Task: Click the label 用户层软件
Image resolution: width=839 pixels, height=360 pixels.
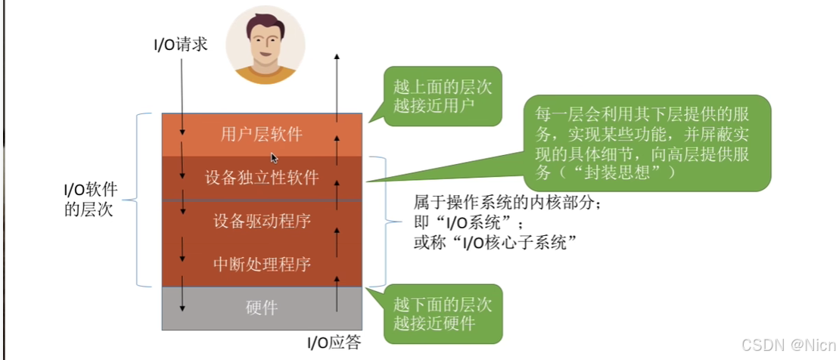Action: [261, 135]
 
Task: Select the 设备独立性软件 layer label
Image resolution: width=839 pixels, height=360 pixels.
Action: [262, 178]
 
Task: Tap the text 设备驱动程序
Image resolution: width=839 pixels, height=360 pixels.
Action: [262, 222]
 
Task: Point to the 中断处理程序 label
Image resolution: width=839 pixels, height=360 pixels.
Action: [262, 265]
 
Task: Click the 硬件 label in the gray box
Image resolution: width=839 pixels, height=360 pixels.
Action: [262, 308]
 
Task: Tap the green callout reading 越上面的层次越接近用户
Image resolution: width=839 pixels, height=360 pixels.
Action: [443, 96]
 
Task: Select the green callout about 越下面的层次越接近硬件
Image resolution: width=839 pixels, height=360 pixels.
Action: [443, 314]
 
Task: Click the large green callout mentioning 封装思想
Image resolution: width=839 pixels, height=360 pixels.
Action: [647, 142]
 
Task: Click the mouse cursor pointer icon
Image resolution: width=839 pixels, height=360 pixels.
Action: [274, 158]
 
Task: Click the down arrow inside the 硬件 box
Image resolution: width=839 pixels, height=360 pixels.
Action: [182, 303]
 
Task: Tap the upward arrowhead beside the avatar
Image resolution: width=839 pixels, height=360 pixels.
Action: [337, 57]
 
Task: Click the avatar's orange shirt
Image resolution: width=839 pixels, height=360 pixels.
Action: [266, 75]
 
